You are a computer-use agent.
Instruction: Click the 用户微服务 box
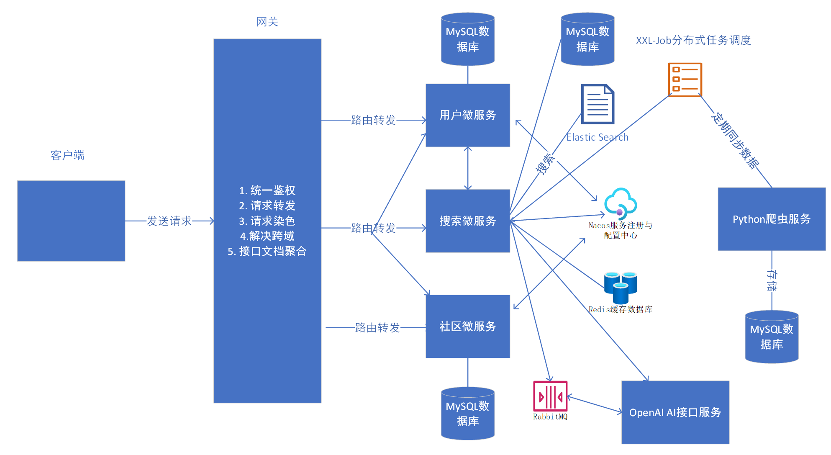click(467, 115)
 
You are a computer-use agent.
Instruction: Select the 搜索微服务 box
click(467, 221)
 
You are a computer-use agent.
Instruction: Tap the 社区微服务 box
click(467, 326)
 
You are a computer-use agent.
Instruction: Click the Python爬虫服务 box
click(771, 219)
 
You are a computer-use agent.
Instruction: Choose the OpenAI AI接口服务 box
click(675, 412)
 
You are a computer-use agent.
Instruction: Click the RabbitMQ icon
click(550, 396)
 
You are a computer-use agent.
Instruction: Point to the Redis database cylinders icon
click(621, 288)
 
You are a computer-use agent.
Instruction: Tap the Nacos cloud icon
click(621, 203)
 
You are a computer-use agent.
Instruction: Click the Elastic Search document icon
click(598, 104)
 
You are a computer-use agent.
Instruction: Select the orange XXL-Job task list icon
click(685, 80)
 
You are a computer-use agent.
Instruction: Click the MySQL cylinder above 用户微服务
click(468, 39)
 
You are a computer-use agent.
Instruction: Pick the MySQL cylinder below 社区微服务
click(468, 414)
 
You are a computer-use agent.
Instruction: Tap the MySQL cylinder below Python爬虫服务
click(772, 337)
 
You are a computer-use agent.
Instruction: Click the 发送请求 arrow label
click(169, 221)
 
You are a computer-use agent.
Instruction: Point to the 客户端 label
click(67, 155)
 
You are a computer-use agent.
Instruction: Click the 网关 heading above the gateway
click(267, 22)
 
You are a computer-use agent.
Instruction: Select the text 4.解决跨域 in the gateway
click(267, 236)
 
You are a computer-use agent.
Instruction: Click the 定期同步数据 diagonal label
click(735, 141)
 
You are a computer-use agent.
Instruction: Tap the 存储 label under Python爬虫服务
click(772, 280)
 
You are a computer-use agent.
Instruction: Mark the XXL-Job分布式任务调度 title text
click(693, 40)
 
